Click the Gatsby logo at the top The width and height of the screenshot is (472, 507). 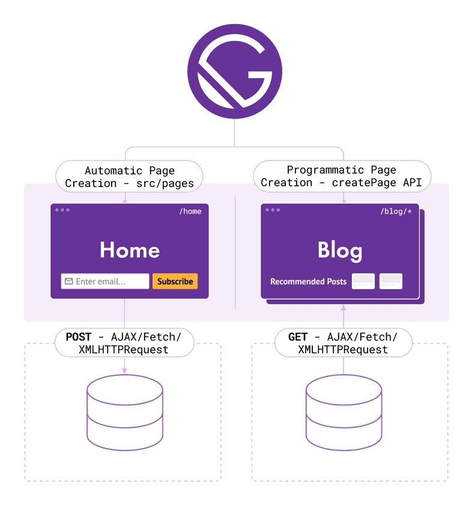[x=234, y=75]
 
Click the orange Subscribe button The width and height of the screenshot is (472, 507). [x=175, y=281]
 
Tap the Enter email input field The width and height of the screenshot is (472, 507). [x=105, y=281]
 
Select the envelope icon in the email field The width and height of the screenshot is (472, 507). [x=69, y=281]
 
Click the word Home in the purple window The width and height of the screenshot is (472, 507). [x=130, y=250]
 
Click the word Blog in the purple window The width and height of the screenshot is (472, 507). [x=340, y=250]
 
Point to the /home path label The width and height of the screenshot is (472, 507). [x=190, y=211]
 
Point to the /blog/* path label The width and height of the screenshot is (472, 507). [x=396, y=211]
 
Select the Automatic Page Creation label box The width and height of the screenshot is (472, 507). [x=130, y=176]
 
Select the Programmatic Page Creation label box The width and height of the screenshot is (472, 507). [x=342, y=176]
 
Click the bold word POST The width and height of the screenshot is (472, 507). [x=79, y=337]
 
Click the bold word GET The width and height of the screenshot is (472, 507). [x=298, y=337]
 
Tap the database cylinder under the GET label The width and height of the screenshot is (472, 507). [x=343, y=409]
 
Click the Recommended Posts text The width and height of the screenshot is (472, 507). [x=308, y=281]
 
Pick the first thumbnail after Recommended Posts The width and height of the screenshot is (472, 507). [x=363, y=281]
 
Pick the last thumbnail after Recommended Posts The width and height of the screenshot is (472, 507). [x=391, y=281]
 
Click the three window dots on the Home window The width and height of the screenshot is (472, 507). [x=62, y=210]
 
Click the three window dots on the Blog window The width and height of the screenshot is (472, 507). [x=273, y=210]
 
